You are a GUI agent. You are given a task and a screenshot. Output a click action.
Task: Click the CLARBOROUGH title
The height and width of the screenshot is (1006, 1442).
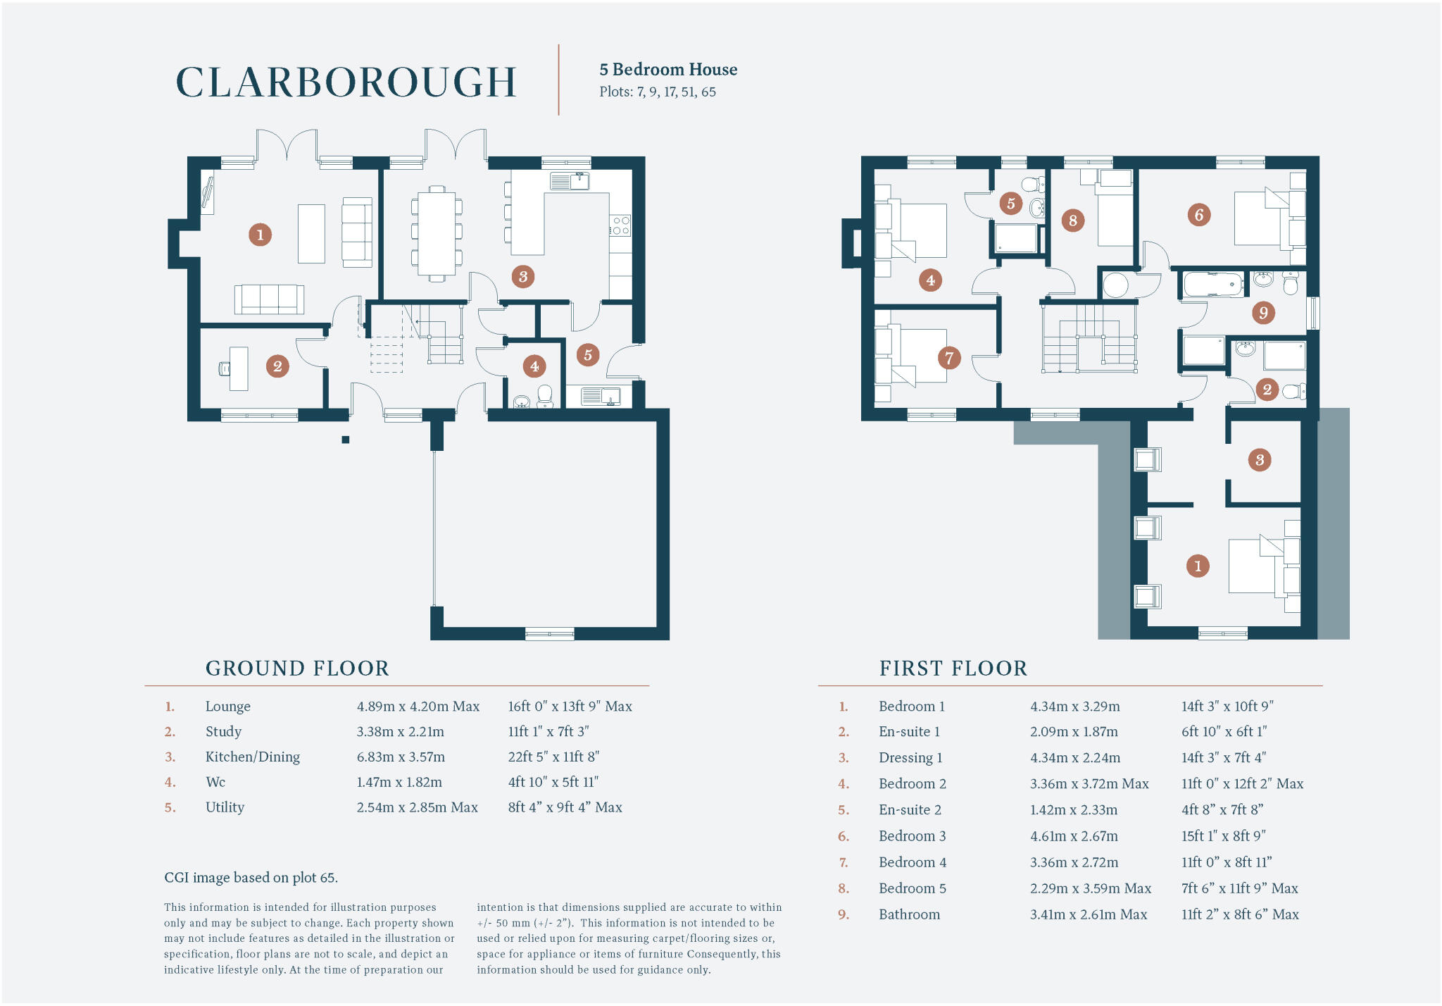click(x=346, y=82)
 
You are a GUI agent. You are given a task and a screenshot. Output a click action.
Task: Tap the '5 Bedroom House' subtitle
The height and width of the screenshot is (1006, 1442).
click(x=668, y=70)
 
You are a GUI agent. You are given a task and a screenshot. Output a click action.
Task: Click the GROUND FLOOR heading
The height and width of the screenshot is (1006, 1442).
click(x=297, y=668)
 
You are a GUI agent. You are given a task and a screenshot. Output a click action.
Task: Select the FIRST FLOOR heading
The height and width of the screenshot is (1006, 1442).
click(x=953, y=668)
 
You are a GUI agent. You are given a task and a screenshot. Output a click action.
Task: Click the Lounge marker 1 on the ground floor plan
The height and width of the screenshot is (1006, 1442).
click(x=260, y=235)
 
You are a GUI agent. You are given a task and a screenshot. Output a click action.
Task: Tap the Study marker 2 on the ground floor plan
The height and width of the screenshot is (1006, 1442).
click(x=277, y=366)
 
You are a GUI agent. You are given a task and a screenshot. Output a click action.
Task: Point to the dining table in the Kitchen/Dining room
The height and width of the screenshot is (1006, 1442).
click(x=437, y=233)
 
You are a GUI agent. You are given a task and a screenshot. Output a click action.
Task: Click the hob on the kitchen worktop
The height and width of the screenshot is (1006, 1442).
click(x=621, y=225)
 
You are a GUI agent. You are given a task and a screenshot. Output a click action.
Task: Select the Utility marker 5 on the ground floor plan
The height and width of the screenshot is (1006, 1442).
click(x=588, y=355)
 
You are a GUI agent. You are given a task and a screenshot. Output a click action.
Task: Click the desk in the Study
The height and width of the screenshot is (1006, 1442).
click(x=238, y=368)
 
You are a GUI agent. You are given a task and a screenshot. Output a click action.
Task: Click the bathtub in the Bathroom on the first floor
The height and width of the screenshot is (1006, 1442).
click(x=1213, y=285)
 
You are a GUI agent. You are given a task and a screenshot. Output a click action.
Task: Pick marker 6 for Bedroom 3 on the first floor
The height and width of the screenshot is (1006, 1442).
click(x=1199, y=214)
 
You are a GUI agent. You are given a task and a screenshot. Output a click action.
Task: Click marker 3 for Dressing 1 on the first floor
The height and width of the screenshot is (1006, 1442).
click(x=1260, y=460)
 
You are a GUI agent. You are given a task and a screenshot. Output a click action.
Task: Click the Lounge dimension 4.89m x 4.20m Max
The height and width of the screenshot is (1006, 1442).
click(x=418, y=707)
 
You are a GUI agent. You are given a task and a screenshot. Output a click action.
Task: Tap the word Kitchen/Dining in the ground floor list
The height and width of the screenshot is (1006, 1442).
click(x=252, y=757)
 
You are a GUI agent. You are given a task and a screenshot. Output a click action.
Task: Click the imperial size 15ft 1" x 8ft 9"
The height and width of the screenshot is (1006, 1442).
click(x=1223, y=836)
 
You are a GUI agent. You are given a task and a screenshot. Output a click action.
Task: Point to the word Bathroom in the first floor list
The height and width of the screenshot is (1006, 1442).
click(x=909, y=914)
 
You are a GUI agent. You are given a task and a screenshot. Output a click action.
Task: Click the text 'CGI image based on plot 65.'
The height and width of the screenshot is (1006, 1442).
click(x=251, y=878)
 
